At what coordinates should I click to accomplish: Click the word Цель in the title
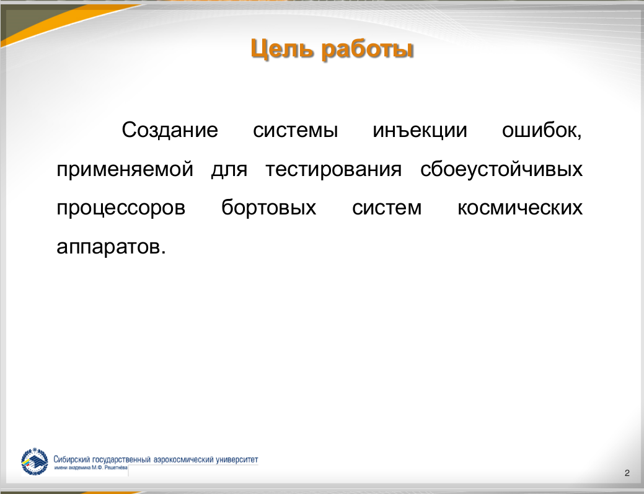pos(279,50)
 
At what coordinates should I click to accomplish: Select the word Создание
pos(170,131)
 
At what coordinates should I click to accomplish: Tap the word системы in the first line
pos(295,131)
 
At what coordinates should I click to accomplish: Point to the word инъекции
pos(420,131)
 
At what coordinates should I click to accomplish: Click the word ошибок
pos(542,131)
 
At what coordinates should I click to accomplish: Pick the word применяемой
pos(125,170)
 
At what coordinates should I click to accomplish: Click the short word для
pos(229,170)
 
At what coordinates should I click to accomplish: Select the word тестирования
pos(333,170)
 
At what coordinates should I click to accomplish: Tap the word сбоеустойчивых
pos(501,169)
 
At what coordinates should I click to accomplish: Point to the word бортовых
pos(268,208)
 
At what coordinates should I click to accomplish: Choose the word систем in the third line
pos(387,208)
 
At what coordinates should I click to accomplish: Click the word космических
pos(520,208)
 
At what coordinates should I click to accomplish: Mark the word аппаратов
pos(111,247)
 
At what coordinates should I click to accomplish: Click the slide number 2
pos(627,473)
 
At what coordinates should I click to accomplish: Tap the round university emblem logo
pos(35,462)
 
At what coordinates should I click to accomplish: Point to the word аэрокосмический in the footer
pos(183,460)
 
